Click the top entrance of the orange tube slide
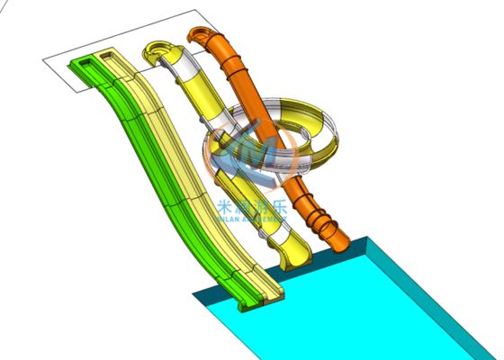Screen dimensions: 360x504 tap(196, 36)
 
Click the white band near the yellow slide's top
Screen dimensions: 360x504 tap(191, 70)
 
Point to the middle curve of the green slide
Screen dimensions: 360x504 tap(153, 162)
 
